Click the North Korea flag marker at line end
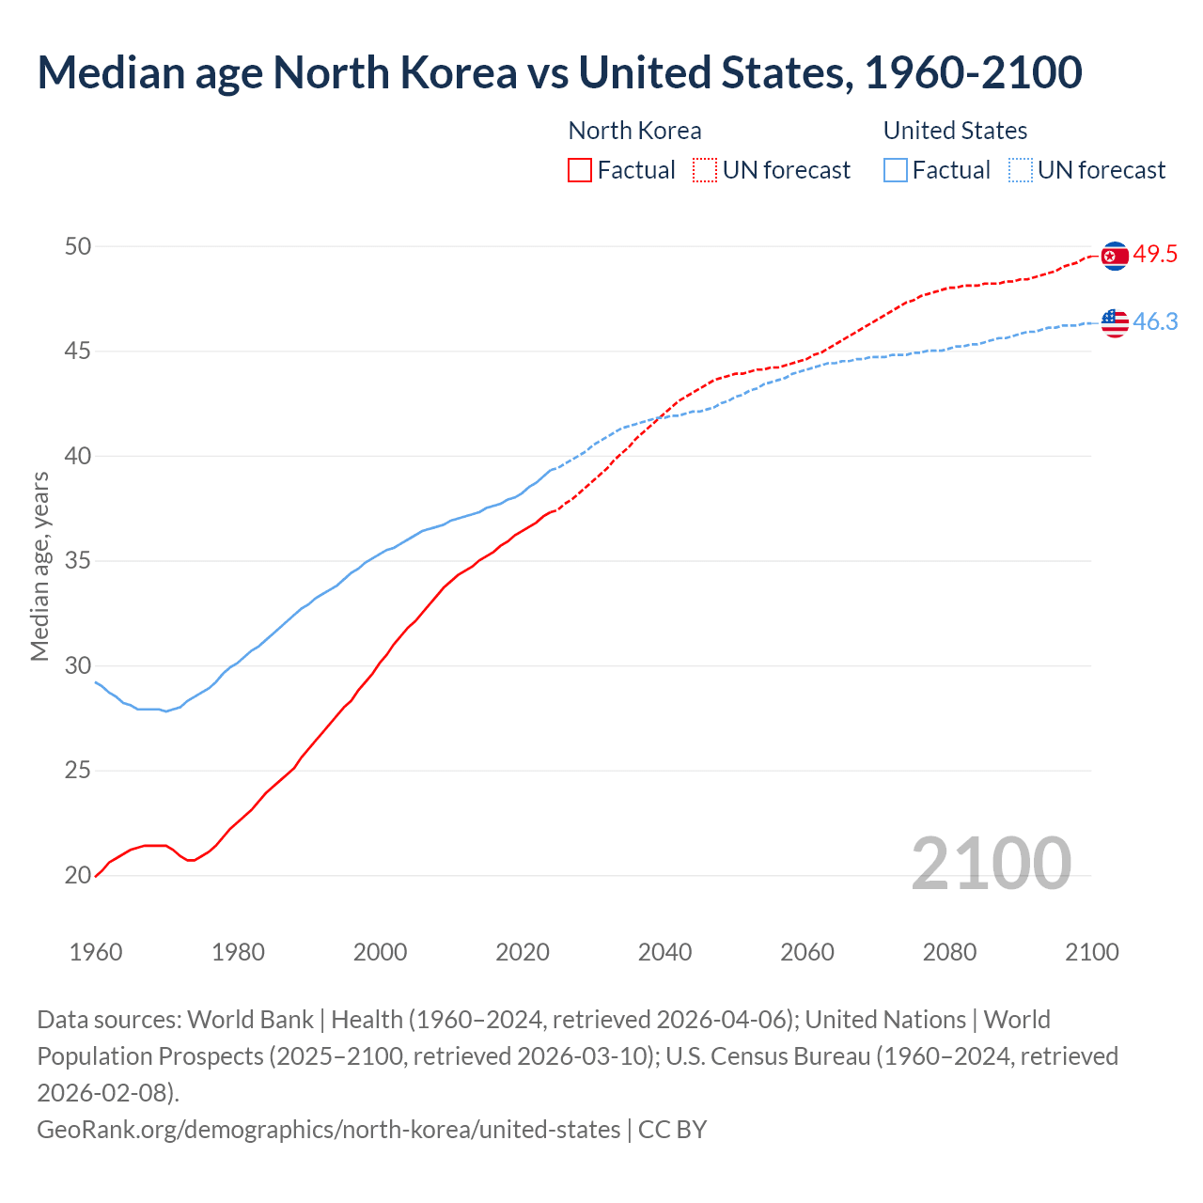click(1115, 256)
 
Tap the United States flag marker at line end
click(1115, 322)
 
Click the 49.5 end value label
click(1155, 255)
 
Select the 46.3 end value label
click(1155, 322)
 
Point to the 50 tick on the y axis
click(78, 247)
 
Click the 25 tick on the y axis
click(78, 772)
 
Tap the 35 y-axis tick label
click(78, 562)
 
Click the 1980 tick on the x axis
click(238, 952)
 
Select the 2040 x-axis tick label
click(664, 952)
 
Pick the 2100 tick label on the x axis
click(1091, 952)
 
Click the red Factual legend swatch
click(580, 170)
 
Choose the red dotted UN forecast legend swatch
click(705, 170)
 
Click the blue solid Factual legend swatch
click(896, 170)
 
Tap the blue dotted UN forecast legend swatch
click(1020, 170)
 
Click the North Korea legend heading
click(634, 131)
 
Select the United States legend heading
click(955, 131)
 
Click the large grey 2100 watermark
click(991, 864)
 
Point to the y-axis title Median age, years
click(39, 567)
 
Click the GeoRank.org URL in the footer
click(328, 1129)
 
